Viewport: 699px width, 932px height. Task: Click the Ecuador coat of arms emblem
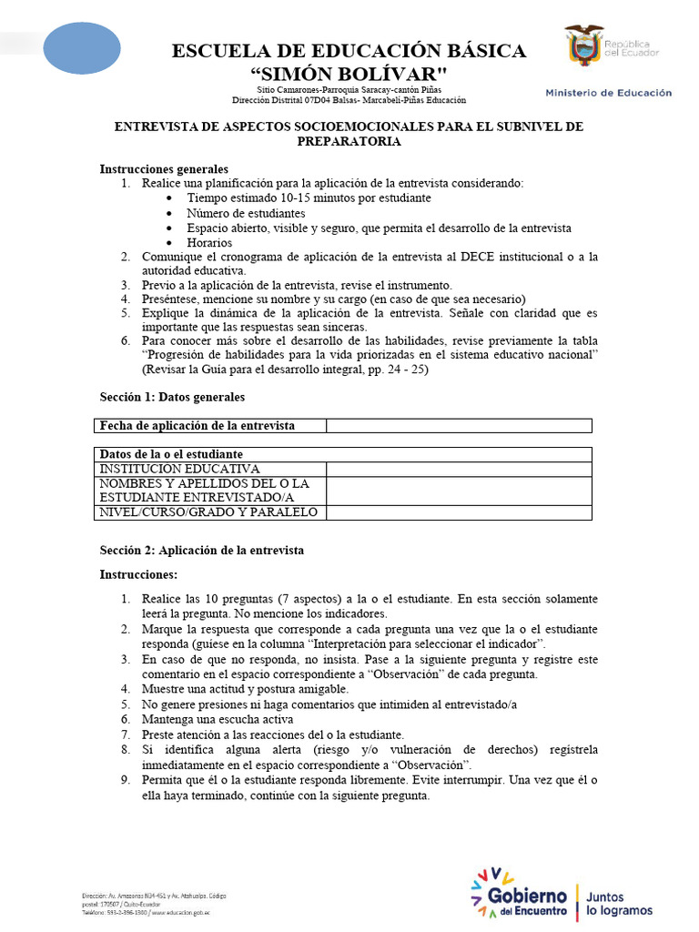584,46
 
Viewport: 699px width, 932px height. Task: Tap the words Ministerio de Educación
608,92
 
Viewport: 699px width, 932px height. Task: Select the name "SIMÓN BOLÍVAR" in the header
349,73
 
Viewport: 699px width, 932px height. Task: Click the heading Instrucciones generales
164,169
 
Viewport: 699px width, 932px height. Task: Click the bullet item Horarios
209,243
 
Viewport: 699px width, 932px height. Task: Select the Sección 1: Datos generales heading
172,397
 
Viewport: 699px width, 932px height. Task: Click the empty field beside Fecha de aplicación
459,426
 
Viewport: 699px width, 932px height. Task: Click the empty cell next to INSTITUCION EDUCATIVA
459,469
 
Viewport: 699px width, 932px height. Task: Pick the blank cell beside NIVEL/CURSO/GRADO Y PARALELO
459,512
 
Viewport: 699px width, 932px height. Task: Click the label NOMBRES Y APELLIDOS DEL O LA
204,483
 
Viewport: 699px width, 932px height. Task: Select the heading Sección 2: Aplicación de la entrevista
201,551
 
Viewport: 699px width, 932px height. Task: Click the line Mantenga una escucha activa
216,719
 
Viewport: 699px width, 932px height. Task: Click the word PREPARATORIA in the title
349,141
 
